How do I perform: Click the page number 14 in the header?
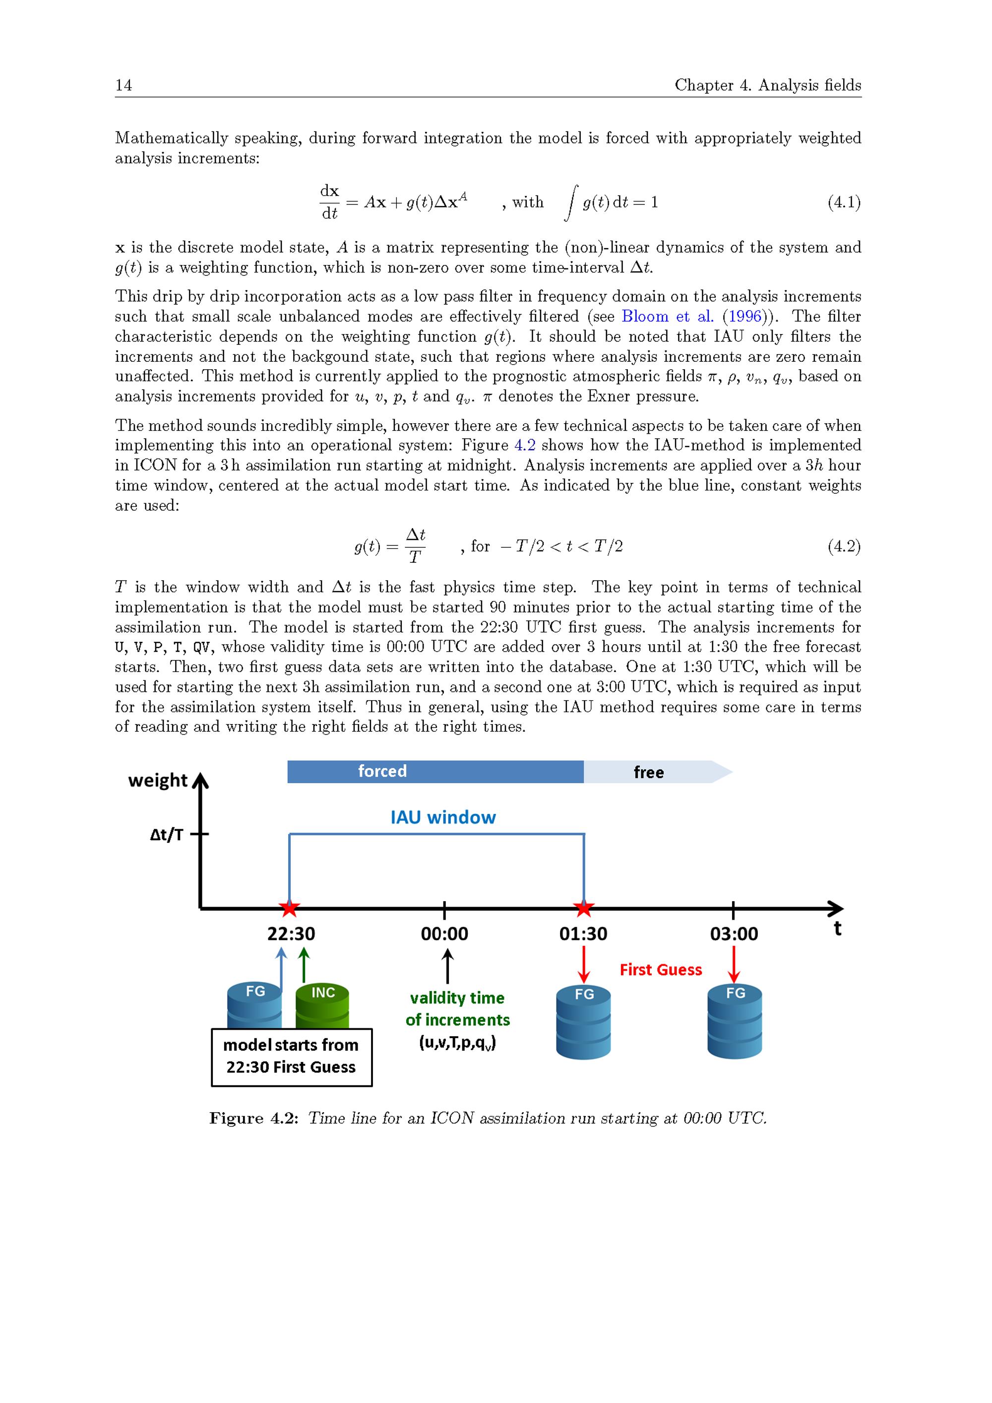click(x=124, y=85)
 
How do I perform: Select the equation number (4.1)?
click(x=844, y=202)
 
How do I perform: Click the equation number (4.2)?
click(x=844, y=546)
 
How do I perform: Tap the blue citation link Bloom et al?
click(x=668, y=316)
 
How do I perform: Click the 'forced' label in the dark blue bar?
click(x=382, y=771)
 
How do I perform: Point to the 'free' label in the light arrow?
click(x=648, y=772)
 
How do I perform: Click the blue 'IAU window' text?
click(x=443, y=817)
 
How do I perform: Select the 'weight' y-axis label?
click(x=158, y=780)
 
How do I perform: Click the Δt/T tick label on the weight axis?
click(x=166, y=835)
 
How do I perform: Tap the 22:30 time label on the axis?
click(x=291, y=934)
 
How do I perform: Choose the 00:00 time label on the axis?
click(x=444, y=934)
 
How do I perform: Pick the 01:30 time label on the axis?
click(x=583, y=934)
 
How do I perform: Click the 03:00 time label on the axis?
click(x=734, y=934)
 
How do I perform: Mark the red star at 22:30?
click(x=290, y=908)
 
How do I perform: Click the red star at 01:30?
click(x=584, y=908)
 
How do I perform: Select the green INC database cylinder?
click(x=322, y=1004)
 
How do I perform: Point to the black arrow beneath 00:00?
click(x=447, y=965)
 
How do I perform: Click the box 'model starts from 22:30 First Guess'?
click(x=291, y=1057)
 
